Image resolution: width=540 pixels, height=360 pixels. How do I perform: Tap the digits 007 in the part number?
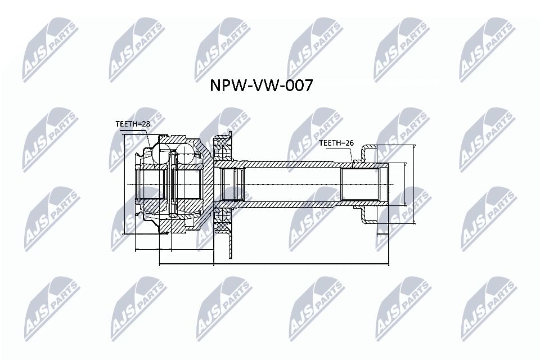[297, 85]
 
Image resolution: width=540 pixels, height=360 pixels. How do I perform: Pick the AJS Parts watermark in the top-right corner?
[487, 48]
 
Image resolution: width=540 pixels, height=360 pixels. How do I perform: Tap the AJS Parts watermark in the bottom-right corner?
[487, 307]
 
